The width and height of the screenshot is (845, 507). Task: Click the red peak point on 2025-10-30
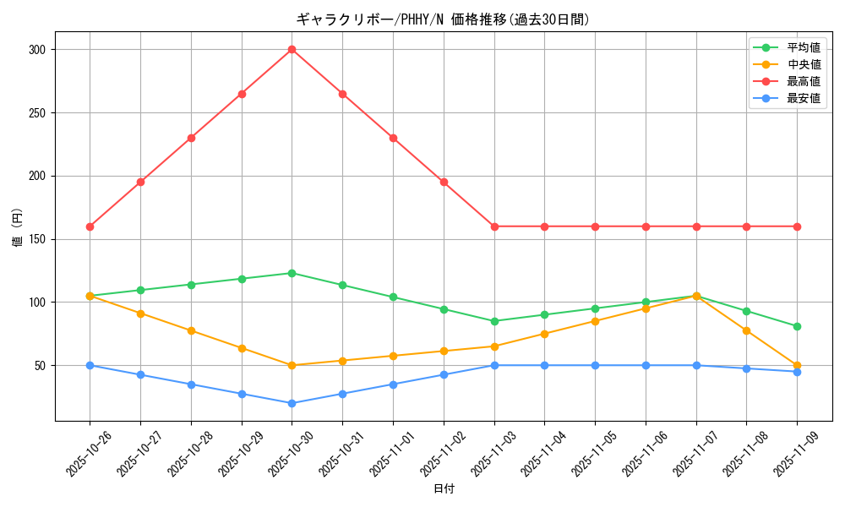[292, 49]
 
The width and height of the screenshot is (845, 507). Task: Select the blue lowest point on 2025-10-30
[292, 403]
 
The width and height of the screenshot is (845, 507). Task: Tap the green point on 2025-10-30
[292, 273]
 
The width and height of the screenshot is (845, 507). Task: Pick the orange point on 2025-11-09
[797, 365]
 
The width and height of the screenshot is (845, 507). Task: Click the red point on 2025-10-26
[90, 226]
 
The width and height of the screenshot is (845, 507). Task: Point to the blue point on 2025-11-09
[797, 372]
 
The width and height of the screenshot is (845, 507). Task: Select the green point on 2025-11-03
[494, 321]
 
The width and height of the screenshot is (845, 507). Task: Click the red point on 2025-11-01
[393, 138]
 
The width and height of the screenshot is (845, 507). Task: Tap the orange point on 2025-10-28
[191, 330]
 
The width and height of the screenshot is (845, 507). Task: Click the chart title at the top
[443, 19]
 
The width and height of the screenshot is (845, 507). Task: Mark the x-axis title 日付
[444, 489]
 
